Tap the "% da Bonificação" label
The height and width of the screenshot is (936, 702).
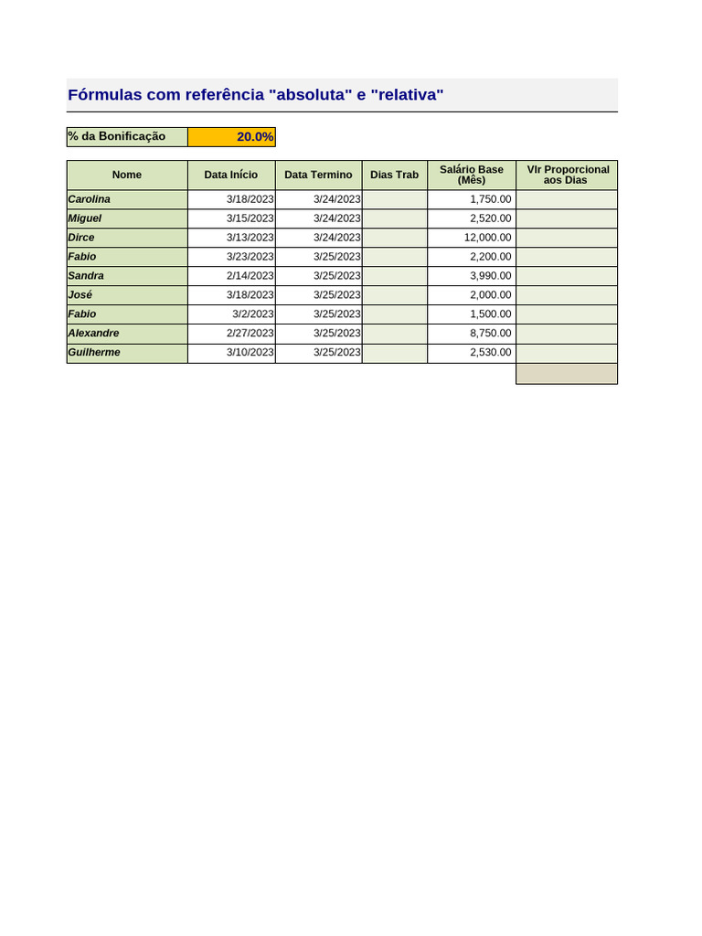click(117, 137)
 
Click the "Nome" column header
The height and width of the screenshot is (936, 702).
click(127, 175)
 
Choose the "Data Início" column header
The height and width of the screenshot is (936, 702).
click(231, 175)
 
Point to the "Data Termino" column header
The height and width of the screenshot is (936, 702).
click(318, 175)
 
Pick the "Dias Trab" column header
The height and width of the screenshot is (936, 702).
click(394, 175)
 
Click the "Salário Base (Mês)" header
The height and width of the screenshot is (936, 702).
click(472, 175)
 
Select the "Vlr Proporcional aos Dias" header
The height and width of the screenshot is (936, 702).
click(567, 175)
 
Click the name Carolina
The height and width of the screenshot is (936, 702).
click(90, 199)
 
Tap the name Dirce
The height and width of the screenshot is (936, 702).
click(81, 238)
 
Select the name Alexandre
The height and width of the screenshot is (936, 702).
click(93, 334)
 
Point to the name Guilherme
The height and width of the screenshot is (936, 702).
click(94, 353)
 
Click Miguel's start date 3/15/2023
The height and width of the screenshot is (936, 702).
click(250, 218)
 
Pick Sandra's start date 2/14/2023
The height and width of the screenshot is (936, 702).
click(250, 276)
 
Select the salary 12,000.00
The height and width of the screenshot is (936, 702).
click(488, 238)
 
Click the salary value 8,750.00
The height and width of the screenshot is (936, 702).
click(491, 334)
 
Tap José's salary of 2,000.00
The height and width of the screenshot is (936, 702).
click(491, 295)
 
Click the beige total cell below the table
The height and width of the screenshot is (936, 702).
click(567, 374)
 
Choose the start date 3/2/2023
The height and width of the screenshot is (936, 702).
click(252, 314)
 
